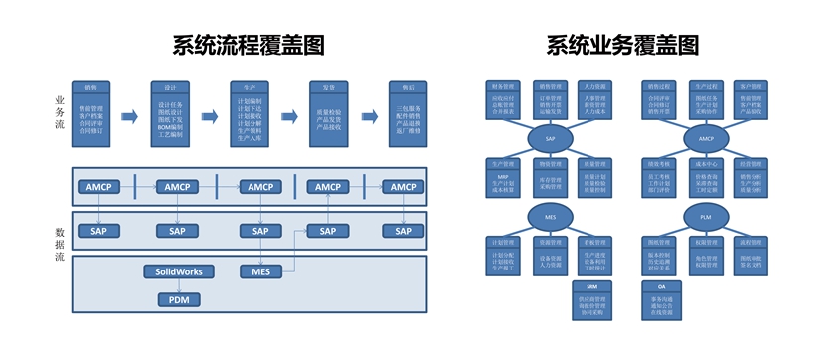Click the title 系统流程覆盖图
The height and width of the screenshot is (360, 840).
[x=248, y=45]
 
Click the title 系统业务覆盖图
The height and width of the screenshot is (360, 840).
[x=621, y=45]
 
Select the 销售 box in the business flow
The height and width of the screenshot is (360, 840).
[x=90, y=109]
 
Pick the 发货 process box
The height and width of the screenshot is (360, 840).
[x=328, y=109]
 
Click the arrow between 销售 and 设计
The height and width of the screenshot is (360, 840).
[x=129, y=117]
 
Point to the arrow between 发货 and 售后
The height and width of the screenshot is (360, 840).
[x=368, y=117]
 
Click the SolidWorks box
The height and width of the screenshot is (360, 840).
[x=179, y=271]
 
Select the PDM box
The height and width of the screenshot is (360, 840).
[x=178, y=299]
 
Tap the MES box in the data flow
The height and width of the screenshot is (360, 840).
[x=260, y=271]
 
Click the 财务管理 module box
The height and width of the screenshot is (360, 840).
[x=504, y=98]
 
